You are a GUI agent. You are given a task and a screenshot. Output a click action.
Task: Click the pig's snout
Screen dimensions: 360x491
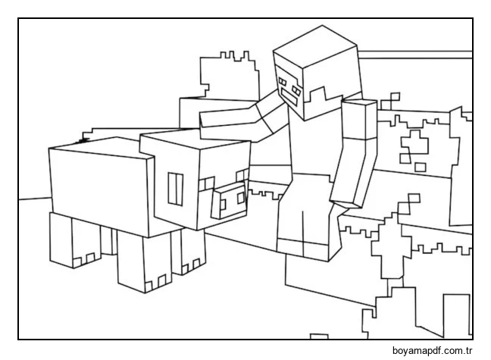pyautogui.click(x=228, y=199)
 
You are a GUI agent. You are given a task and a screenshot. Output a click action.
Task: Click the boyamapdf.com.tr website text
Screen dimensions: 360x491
pyautogui.click(x=433, y=351)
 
